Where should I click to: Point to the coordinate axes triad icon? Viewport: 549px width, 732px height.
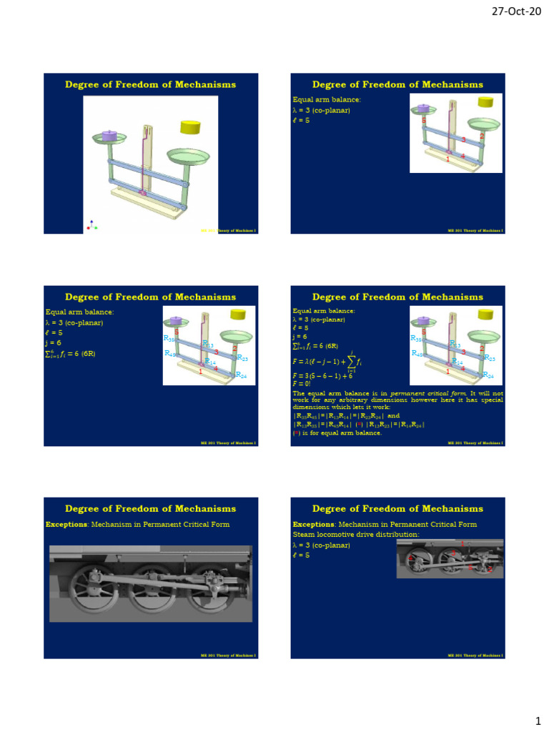(91, 224)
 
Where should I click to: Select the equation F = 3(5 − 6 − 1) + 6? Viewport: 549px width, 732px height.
(322, 375)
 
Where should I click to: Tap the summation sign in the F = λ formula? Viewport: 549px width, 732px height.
(350, 362)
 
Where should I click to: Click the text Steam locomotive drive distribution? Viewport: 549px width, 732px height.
(345, 534)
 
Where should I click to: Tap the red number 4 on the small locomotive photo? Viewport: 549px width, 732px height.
(470, 566)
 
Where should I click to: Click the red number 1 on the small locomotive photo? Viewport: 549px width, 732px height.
(463, 544)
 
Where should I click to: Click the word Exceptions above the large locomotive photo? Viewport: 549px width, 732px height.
(65, 524)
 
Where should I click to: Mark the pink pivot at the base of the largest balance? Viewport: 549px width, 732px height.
(142, 193)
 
